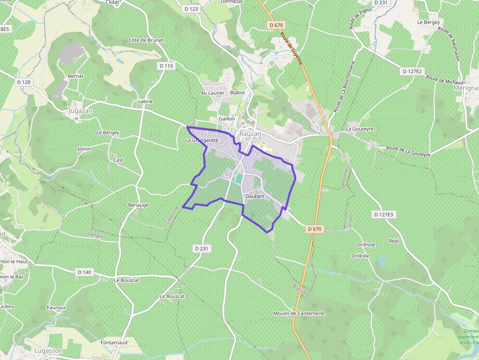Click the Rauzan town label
point(250,133)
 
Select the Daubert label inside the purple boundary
point(255,196)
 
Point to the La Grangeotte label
point(201,140)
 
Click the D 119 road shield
point(166,65)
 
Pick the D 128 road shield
point(23,82)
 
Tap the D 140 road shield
point(84,272)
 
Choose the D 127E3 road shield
point(383,214)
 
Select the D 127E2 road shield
point(412,71)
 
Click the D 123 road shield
point(192,9)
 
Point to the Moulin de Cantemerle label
point(299,313)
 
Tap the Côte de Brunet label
point(146,40)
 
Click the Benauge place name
point(138,205)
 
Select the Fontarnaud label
point(114,343)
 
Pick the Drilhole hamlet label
point(366,245)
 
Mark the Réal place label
point(393,241)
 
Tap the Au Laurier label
point(213,92)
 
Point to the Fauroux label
point(56,307)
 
